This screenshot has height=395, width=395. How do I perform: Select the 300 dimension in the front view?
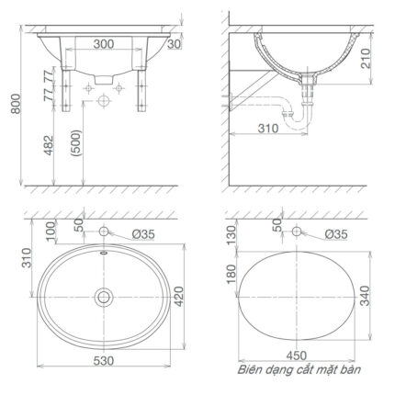click(102, 44)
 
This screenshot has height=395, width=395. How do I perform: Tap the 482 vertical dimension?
click(57, 145)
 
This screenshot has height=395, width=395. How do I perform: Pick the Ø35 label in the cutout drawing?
click(336, 235)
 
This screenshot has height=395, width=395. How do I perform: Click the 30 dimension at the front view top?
click(175, 44)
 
